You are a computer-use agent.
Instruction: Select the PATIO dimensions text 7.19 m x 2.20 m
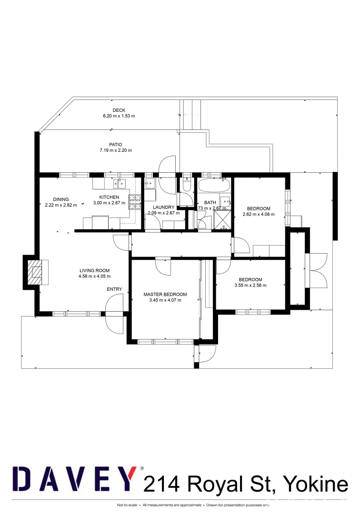pyautogui.click(x=115, y=150)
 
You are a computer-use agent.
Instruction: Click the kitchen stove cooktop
pyautogui.click(x=135, y=202)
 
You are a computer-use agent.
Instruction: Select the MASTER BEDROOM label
pyautogui.click(x=165, y=294)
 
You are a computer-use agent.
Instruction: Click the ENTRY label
pyautogui.click(x=114, y=289)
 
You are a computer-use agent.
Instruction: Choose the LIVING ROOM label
pyautogui.click(x=94, y=270)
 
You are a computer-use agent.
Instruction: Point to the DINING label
pyautogui.click(x=61, y=199)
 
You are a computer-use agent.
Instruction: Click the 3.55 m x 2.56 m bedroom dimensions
pyautogui.click(x=250, y=286)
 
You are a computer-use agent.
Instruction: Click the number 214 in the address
pyautogui.click(x=161, y=484)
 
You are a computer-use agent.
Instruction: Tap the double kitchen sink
pyautogui.click(x=117, y=183)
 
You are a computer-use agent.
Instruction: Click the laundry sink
pyautogui.click(x=150, y=183)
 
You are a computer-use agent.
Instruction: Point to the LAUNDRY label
pyautogui.click(x=164, y=207)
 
